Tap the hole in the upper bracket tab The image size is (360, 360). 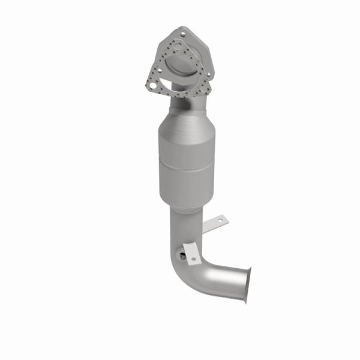pyautogui.click(x=220, y=221)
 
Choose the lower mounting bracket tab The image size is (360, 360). pyautogui.click(x=191, y=253)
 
